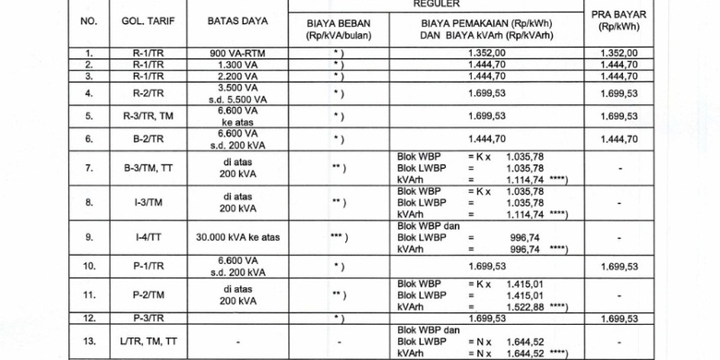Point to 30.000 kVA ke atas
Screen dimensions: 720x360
pyautogui.click(x=226, y=236)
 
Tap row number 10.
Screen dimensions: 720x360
pyautogui.click(x=89, y=267)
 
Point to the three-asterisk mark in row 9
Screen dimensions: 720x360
pyautogui.click(x=337, y=236)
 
